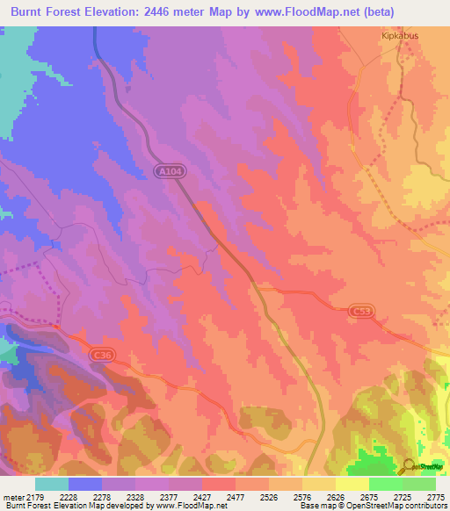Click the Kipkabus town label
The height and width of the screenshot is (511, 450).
pyautogui.click(x=396, y=37)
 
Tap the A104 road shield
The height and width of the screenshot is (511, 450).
pyautogui.click(x=173, y=173)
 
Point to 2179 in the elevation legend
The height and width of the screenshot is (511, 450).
pyautogui.click(x=34, y=497)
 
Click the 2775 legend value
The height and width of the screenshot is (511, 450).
pyautogui.click(x=434, y=497)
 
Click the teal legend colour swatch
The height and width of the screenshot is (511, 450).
pyautogui.click(x=51, y=484)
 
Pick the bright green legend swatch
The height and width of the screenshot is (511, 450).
pyautogui.click(x=385, y=484)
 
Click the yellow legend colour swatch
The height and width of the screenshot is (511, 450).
pyautogui.click(x=352, y=484)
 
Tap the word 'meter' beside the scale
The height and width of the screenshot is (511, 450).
pyautogui.click(x=12, y=497)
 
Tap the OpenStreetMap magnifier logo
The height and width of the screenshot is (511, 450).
pyautogui.click(x=409, y=467)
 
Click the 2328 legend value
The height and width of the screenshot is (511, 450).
pyautogui.click(x=134, y=497)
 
